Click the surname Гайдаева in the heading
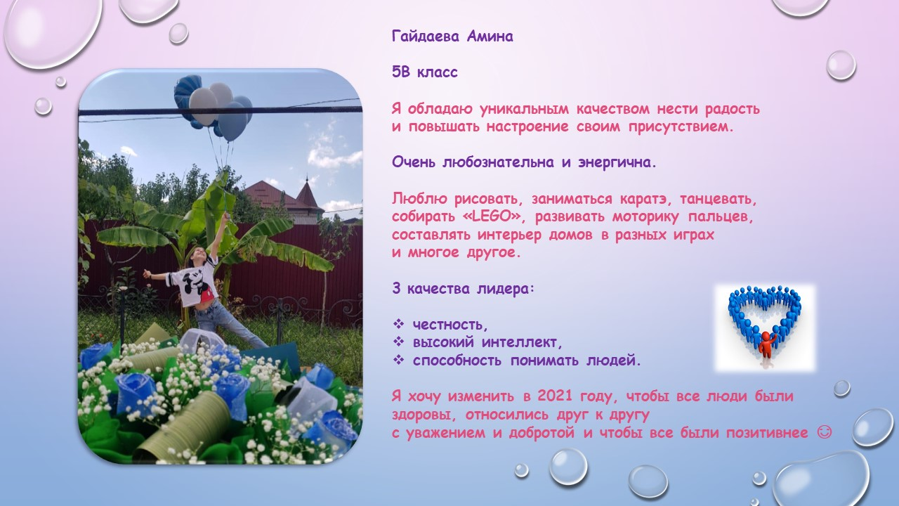tap(426, 37)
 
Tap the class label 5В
tap(400, 72)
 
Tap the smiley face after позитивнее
tap(825, 432)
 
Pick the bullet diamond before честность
tap(398, 324)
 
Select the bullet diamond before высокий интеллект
tap(398, 342)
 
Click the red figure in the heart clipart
tap(766, 345)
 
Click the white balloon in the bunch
tap(204, 105)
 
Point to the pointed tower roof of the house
tap(308, 190)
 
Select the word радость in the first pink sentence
tap(733, 110)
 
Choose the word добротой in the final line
tap(542, 433)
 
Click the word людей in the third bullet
tap(614, 361)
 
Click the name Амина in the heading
tap(490, 37)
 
